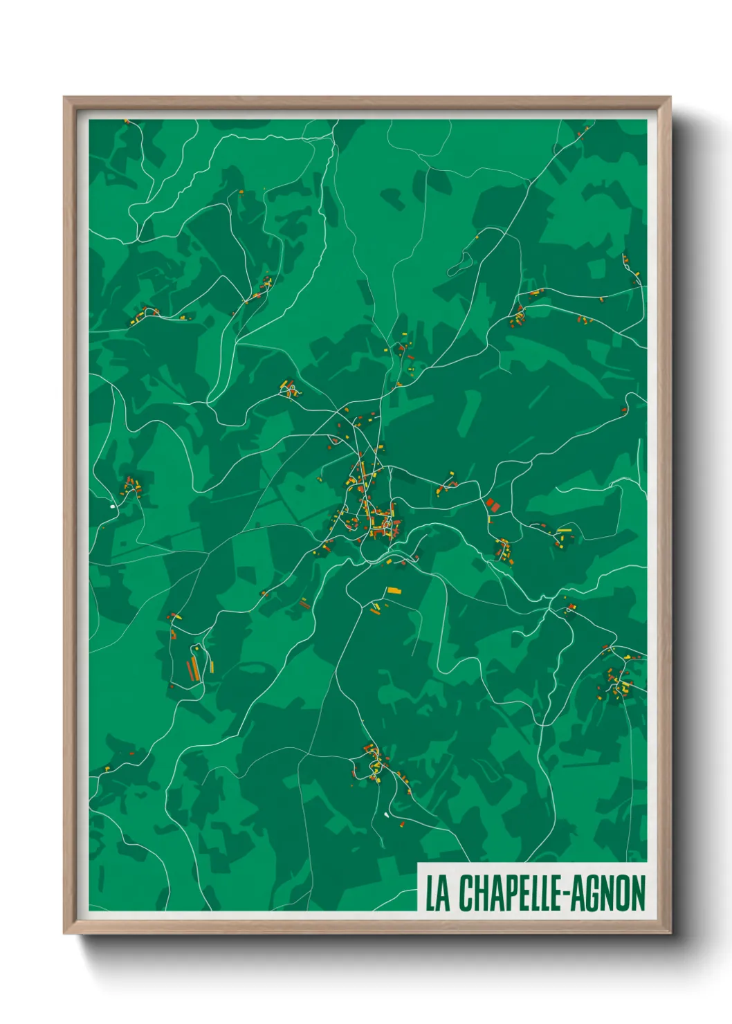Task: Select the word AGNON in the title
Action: (x=609, y=893)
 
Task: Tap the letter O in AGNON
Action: (x=621, y=893)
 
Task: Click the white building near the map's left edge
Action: (x=112, y=506)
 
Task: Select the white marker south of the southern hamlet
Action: (x=386, y=814)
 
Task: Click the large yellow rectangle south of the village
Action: (x=393, y=590)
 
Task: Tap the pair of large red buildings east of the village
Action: (x=493, y=505)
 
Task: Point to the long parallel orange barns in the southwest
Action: (x=192, y=668)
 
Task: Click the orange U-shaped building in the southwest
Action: (x=174, y=616)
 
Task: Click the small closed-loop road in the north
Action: (x=462, y=263)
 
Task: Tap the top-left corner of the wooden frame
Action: (x=64, y=98)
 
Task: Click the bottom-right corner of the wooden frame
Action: (x=670, y=933)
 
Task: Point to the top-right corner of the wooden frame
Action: (x=670, y=98)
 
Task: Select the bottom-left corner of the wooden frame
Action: (x=64, y=933)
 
